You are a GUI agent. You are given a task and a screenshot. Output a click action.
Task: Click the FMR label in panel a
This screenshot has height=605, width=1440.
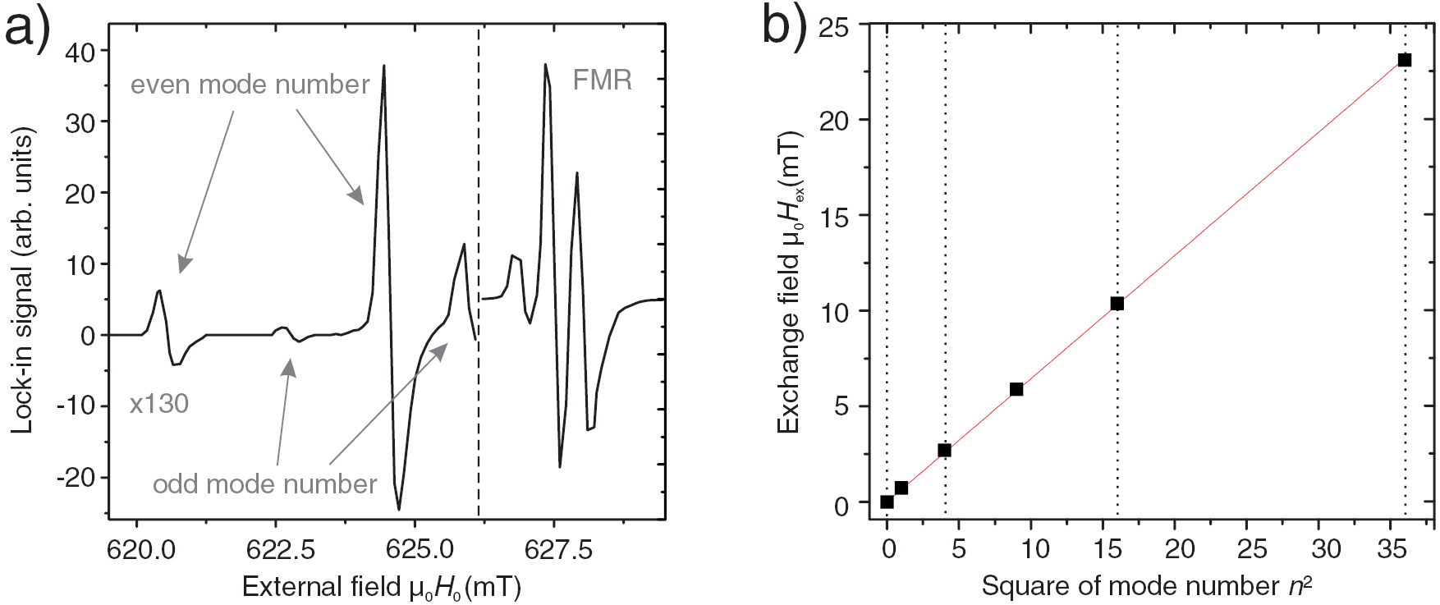[x=602, y=80]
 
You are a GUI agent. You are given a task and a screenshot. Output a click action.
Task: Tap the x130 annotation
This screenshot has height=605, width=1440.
[x=159, y=404]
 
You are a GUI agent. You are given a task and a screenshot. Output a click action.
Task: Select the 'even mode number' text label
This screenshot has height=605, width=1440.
[x=250, y=85]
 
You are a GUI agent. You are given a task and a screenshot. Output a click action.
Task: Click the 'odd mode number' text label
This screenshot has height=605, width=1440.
[x=264, y=484]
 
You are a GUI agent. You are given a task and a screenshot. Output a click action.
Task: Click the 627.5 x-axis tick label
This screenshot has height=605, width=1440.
[x=557, y=549]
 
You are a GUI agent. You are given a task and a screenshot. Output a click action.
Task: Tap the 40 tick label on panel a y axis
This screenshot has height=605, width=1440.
[x=80, y=52]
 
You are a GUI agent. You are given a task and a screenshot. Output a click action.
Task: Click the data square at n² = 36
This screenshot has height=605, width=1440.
[x=1405, y=60]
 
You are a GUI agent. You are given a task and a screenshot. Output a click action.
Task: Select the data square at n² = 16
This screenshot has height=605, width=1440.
[x=1117, y=304]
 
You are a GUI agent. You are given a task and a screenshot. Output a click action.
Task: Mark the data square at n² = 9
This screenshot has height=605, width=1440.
[x=1016, y=389]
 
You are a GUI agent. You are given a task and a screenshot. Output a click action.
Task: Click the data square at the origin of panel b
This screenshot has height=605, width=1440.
[x=887, y=502]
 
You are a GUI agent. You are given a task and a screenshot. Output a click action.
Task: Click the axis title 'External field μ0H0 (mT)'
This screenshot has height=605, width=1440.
[x=382, y=588]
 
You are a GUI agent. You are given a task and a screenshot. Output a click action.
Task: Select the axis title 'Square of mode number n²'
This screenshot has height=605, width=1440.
[x=1146, y=586]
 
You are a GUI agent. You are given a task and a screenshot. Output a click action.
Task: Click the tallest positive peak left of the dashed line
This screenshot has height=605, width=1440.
[x=383, y=66]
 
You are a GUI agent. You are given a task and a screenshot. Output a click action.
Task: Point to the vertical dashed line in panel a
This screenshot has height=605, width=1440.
[x=479, y=246]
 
